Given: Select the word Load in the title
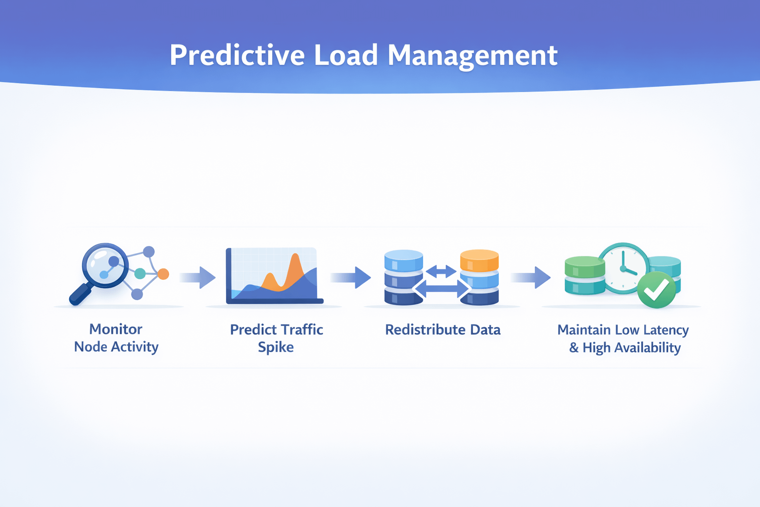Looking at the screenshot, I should (346, 55).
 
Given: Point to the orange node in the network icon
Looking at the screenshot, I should (163, 274).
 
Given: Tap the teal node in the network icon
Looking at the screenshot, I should (140, 273).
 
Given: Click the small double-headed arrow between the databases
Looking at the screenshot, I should (441, 271).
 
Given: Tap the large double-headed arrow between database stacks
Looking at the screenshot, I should (441, 289).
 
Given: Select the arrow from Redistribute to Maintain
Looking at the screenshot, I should (531, 277).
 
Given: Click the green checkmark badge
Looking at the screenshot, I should (657, 290).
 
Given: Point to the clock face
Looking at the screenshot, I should (623, 267).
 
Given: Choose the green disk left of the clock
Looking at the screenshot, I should (584, 267).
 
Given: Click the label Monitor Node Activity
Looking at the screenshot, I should (116, 338).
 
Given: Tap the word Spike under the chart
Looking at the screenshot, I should (276, 347).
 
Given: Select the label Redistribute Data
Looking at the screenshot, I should (442, 330).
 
